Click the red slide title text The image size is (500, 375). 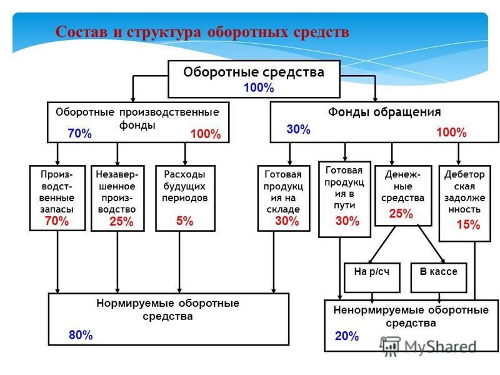(x=202, y=32)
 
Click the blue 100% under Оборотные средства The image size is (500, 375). (x=259, y=87)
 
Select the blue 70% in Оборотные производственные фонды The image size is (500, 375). (x=80, y=133)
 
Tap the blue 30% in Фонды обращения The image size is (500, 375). (x=299, y=129)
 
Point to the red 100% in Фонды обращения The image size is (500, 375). (x=451, y=132)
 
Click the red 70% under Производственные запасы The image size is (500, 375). (x=57, y=221)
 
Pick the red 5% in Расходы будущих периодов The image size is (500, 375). (x=184, y=221)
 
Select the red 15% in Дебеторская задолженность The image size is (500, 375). (x=468, y=225)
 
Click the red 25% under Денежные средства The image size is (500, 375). (x=401, y=214)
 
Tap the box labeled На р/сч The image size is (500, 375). (x=372, y=277)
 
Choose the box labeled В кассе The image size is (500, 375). (x=439, y=277)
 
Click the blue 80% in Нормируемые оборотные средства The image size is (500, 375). (x=81, y=335)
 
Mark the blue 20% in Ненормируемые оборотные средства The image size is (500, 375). (x=347, y=336)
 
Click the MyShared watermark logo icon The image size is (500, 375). (x=389, y=346)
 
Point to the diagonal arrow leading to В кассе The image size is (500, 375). (x=431, y=244)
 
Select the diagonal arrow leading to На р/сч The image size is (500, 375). (x=382, y=244)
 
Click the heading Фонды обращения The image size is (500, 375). (x=384, y=112)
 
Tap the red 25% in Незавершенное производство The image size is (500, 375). (x=121, y=221)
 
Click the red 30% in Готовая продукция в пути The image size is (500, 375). (x=347, y=221)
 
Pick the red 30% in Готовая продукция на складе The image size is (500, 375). (x=287, y=221)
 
